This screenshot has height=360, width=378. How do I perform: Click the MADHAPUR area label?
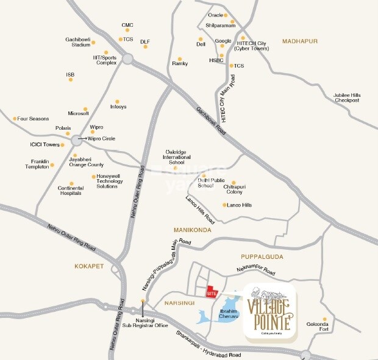[x=301, y=41]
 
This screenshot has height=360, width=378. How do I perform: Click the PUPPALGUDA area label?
[x=262, y=256]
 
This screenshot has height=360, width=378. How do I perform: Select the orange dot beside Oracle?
[x=226, y=15]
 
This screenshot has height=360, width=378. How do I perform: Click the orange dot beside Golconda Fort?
[x=325, y=319]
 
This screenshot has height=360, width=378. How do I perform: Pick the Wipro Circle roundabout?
[x=76, y=140]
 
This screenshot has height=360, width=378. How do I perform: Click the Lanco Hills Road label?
[x=200, y=208]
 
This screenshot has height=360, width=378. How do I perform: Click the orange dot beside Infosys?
[x=118, y=101]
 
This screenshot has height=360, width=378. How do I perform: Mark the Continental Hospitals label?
[x=70, y=191]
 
